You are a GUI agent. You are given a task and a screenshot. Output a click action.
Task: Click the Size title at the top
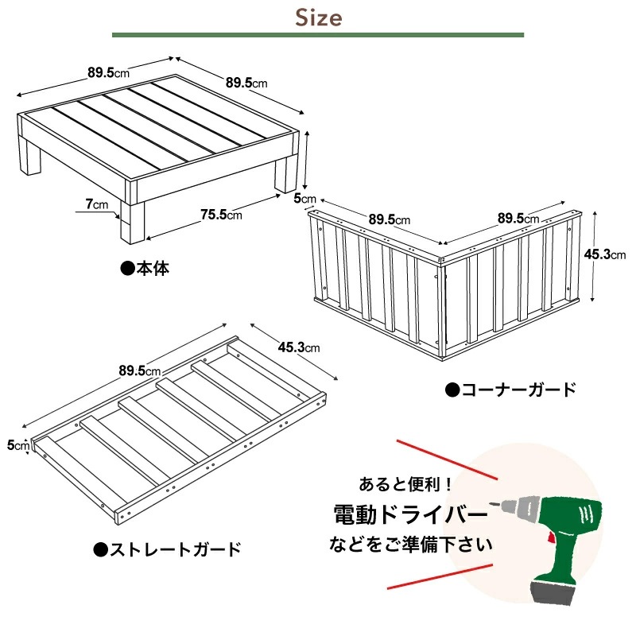(x=318, y=17)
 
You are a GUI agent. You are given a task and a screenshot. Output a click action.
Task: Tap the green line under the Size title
(x=318, y=35)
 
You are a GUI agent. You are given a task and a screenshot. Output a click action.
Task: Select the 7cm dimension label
(x=97, y=204)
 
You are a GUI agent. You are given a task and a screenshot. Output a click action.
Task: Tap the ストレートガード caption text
(x=167, y=549)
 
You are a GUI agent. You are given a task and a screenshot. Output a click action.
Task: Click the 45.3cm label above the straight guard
(x=299, y=347)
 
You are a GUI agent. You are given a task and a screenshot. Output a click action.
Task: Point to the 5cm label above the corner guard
(x=305, y=197)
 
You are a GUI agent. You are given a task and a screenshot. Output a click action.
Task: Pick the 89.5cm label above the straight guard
(x=140, y=371)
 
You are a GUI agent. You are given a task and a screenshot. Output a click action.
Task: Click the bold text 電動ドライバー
(x=410, y=515)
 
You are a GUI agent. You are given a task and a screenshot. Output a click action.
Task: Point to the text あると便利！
(x=405, y=483)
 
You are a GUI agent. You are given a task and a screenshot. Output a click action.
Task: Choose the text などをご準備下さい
(x=410, y=545)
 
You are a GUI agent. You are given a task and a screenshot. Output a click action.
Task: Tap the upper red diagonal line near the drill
(x=445, y=459)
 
